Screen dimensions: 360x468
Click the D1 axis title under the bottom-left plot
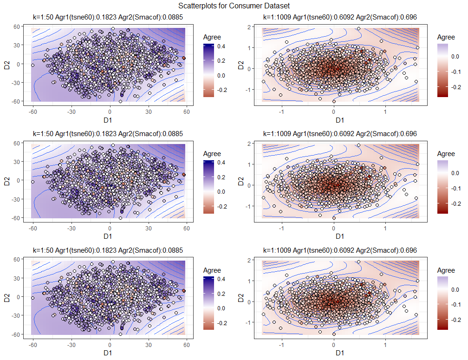(x=108, y=353)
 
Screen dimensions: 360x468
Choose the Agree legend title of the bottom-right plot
(x=446, y=270)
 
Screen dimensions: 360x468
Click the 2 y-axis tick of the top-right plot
(x=250, y=27)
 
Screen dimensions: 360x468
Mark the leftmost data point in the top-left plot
(x=32, y=65)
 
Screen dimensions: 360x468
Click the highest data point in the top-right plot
(x=358, y=29)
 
